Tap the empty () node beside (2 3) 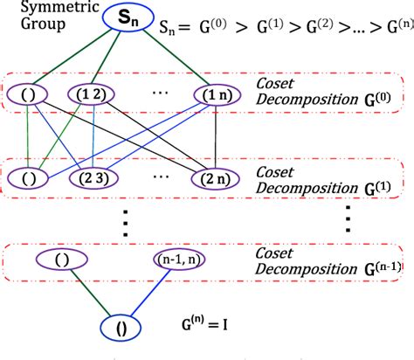(x=25, y=177)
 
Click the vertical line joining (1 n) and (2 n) (x=212, y=135)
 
